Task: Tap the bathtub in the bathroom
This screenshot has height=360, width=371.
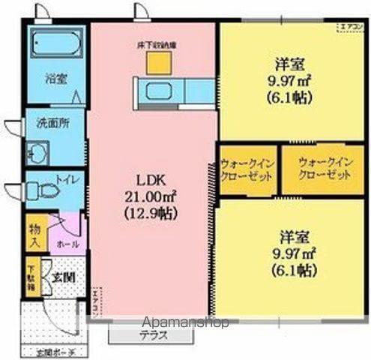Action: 54,45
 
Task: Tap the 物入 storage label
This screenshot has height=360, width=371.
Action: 34,233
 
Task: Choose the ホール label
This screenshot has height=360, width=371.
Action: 64,245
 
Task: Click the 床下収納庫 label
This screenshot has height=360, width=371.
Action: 155,44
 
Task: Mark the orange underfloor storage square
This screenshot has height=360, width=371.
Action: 156,63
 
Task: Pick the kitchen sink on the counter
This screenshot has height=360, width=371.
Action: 160,91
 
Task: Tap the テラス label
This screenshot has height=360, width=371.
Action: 154,334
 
